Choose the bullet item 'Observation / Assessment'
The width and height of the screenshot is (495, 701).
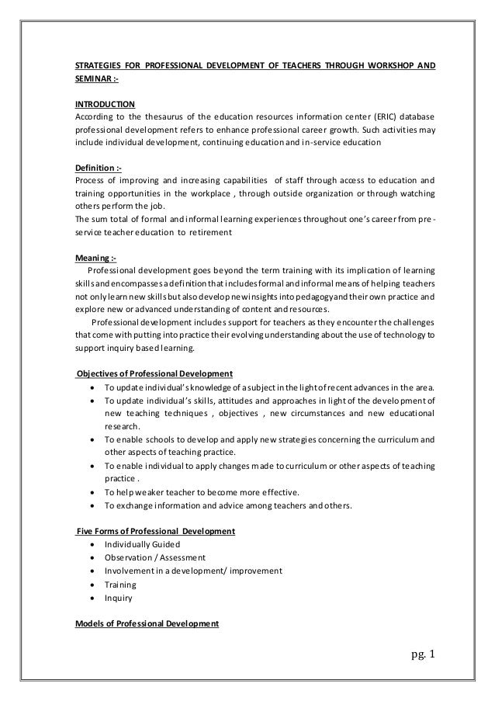155,557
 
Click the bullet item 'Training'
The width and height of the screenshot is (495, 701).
120,585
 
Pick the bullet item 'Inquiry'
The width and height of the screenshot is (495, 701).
118,598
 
